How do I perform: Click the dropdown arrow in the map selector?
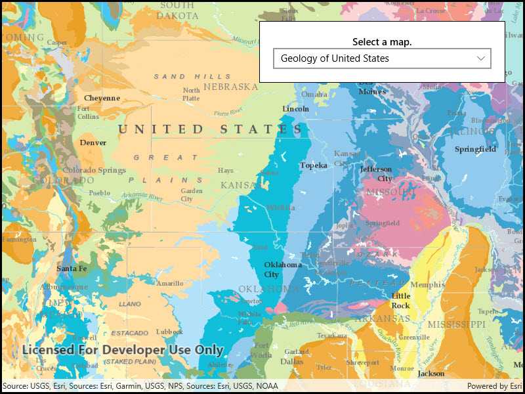(x=480, y=58)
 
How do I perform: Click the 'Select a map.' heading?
(x=382, y=42)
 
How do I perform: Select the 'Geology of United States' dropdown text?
(x=335, y=58)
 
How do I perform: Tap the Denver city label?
(x=93, y=142)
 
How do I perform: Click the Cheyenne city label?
(x=102, y=98)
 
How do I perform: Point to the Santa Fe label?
(x=72, y=269)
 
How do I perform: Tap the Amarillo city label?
(x=169, y=284)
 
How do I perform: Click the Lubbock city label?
(x=170, y=332)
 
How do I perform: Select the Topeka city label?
(x=313, y=165)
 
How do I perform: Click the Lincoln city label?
(x=295, y=109)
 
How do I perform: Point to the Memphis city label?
(x=427, y=285)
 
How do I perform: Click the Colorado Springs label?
(x=94, y=170)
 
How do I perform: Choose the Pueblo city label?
(x=99, y=193)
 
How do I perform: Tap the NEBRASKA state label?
(x=230, y=87)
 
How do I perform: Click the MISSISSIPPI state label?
(x=455, y=325)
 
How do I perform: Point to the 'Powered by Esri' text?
(x=494, y=386)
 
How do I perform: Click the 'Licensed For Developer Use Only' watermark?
(x=123, y=350)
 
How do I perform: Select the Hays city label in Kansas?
(x=225, y=171)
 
